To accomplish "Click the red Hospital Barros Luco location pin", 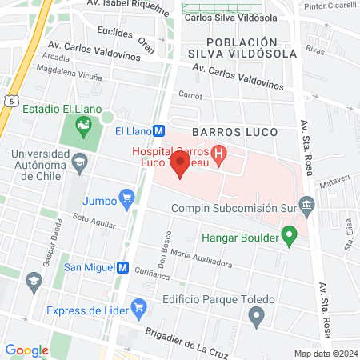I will point(180,166).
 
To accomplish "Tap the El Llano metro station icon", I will point(159,131).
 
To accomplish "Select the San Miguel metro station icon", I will point(123,267).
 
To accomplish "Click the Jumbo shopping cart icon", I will point(126,196).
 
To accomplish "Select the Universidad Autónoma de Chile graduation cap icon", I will point(80,163).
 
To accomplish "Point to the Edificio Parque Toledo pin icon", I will point(256,318).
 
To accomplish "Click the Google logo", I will point(26,350).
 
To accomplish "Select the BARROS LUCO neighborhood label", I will point(234,130).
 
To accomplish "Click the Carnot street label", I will point(190,94).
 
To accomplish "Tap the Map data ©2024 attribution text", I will point(325,354).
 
